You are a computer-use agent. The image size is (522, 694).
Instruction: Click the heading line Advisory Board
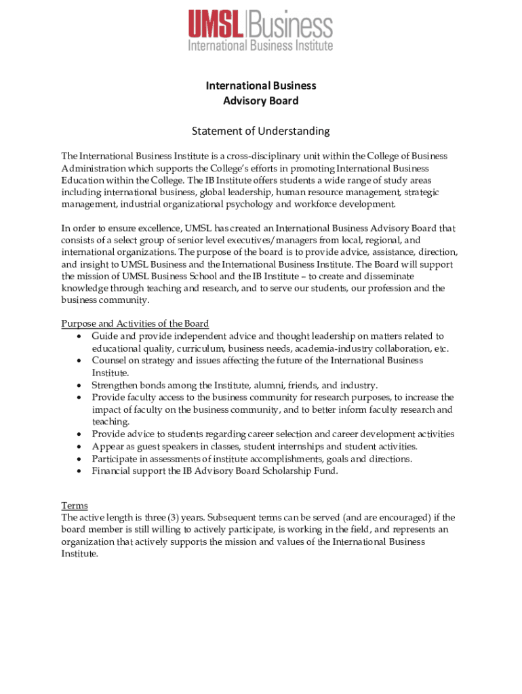(261, 101)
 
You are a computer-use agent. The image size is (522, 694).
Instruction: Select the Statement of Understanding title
(260, 131)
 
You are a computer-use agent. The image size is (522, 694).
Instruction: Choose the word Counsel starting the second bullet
(108, 361)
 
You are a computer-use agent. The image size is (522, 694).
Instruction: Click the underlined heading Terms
(75, 506)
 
